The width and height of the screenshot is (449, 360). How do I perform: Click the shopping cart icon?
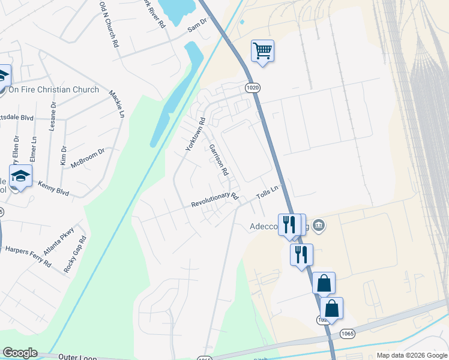(x=262, y=50)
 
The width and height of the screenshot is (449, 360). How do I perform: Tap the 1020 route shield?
(x=253, y=88)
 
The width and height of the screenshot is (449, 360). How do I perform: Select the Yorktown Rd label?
(x=195, y=133)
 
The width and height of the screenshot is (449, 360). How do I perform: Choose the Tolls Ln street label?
(x=268, y=193)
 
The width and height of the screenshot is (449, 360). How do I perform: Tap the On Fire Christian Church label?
(x=53, y=90)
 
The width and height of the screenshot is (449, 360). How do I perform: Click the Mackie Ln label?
(x=117, y=104)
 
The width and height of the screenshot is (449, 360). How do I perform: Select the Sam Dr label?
(x=196, y=24)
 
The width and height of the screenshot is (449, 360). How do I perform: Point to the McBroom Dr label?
(x=88, y=158)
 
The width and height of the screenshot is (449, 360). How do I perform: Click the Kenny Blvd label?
(x=53, y=189)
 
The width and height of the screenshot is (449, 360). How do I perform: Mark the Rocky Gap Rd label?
(x=75, y=254)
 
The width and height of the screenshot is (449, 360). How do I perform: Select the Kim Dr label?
(x=63, y=155)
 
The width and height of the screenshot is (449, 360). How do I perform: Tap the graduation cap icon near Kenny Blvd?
(x=21, y=176)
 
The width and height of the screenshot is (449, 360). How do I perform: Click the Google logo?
(x=20, y=353)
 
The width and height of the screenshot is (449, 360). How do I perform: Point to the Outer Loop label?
(x=77, y=358)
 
